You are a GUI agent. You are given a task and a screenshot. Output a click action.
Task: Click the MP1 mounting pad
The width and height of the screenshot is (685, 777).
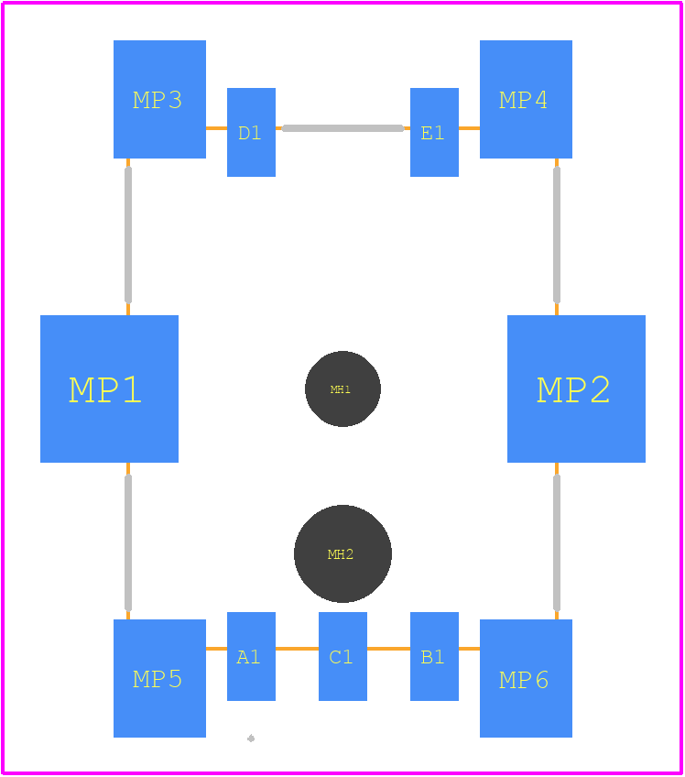tap(109, 388)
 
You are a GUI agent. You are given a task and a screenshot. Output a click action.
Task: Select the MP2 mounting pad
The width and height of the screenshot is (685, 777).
tap(576, 388)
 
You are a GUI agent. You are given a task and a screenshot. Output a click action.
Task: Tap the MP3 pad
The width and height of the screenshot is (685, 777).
tap(159, 99)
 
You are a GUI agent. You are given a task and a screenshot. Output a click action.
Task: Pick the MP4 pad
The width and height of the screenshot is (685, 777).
tap(526, 99)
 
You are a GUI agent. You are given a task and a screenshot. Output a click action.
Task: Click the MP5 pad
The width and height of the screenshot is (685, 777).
tap(159, 678)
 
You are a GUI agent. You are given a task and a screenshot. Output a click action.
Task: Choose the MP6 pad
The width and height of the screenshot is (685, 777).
tap(526, 678)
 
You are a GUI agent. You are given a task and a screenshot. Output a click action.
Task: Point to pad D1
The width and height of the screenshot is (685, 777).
tap(251, 132)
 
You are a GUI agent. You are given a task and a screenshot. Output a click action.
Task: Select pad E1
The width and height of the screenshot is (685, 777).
tap(434, 132)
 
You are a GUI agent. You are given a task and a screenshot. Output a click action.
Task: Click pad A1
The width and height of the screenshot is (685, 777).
tap(251, 656)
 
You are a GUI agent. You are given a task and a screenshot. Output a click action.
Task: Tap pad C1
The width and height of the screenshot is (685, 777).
tap(342, 656)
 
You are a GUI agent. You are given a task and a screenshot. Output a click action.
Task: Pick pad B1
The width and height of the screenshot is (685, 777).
tap(434, 656)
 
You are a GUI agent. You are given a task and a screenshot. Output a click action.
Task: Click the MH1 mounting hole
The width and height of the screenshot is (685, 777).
tap(342, 389)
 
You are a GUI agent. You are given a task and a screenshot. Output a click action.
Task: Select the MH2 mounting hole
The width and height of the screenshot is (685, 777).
tap(342, 553)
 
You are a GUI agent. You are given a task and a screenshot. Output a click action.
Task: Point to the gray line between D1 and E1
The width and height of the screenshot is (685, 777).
tap(342, 128)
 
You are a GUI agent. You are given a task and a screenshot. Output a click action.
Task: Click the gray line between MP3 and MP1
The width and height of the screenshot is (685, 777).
tap(128, 235)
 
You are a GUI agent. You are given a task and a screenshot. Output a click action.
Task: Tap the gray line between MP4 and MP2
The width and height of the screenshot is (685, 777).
tap(557, 235)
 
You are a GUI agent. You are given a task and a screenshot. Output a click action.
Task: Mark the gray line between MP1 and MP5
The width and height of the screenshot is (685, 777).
tap(128, 542)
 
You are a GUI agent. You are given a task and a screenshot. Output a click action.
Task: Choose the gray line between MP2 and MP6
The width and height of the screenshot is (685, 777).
tap(557, 542)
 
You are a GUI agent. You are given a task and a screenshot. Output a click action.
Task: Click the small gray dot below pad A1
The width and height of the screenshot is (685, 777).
tap(251, 739)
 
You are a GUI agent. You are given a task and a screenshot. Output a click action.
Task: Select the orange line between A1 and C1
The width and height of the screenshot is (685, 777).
tap(298, 648)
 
